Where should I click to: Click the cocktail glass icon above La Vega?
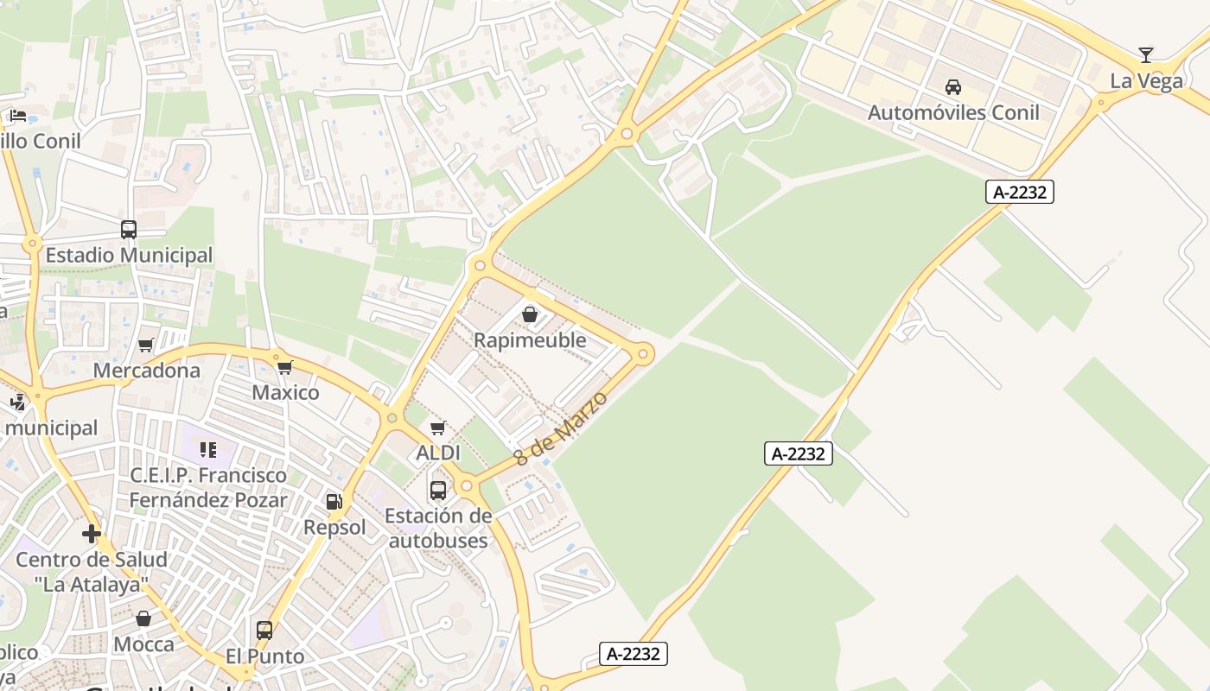pyautogui.click(x=1146, y=55)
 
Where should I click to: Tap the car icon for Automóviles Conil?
pyautogui.click(x=953, y=86)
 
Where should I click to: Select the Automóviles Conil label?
pyautogui.click(x=953, y=112)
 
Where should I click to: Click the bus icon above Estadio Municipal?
pyautogui.click(x=129, y=230)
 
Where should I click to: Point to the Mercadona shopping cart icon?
pyautogui.click(x=146, y=345)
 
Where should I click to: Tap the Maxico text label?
pyautogui.click(x=285, y=392)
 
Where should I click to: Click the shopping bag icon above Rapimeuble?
pyautogui.click(x=530, y=314)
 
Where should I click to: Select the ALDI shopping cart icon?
pyautogui.click(x=438, y=428)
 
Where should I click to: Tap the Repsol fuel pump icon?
pyautogui.click(x=334, y=501)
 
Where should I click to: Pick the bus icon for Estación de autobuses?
pyautogui.click(x=438, y=491)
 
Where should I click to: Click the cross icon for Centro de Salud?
pyautogui.click(x=92, y=534)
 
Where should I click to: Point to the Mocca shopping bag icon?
pyautogui.click(x=143, y=618)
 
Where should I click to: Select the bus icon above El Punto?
pyautogui.click(x=264, y=631)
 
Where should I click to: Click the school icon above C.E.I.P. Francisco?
pyautogui.click(x=208, y=449)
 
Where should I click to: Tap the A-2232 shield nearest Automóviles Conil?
pyautogui.click(x=1019, y=192)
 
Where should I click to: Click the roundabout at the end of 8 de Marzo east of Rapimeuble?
pyautogui.click(x=643, y=354)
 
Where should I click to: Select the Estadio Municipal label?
pyautogui.click(x=129, y=256)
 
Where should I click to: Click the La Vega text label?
pyautogui.click(x=1146, y=81)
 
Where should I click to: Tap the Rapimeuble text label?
pyautogui.click(x=530, y=340)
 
